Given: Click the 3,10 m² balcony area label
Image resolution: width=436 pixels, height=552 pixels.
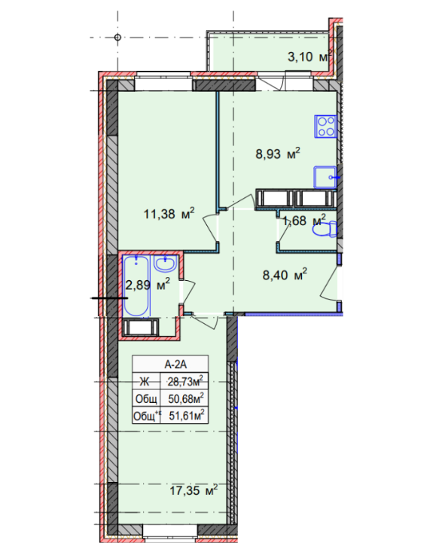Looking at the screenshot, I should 310,56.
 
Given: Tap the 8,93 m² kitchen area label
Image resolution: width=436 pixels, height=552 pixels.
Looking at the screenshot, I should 276,155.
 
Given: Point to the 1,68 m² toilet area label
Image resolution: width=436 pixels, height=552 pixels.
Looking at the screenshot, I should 303,221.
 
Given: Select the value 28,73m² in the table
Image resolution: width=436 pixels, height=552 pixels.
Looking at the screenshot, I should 186,381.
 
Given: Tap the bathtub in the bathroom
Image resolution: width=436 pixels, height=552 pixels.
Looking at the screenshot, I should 137,286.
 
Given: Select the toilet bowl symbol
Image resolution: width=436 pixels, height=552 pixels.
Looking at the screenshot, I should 323,230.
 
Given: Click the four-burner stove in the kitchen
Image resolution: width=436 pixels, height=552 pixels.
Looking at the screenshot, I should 326,126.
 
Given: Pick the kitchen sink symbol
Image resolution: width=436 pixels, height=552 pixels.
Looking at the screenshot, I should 327,175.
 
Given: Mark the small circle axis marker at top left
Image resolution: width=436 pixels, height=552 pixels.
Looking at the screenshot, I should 118,36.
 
